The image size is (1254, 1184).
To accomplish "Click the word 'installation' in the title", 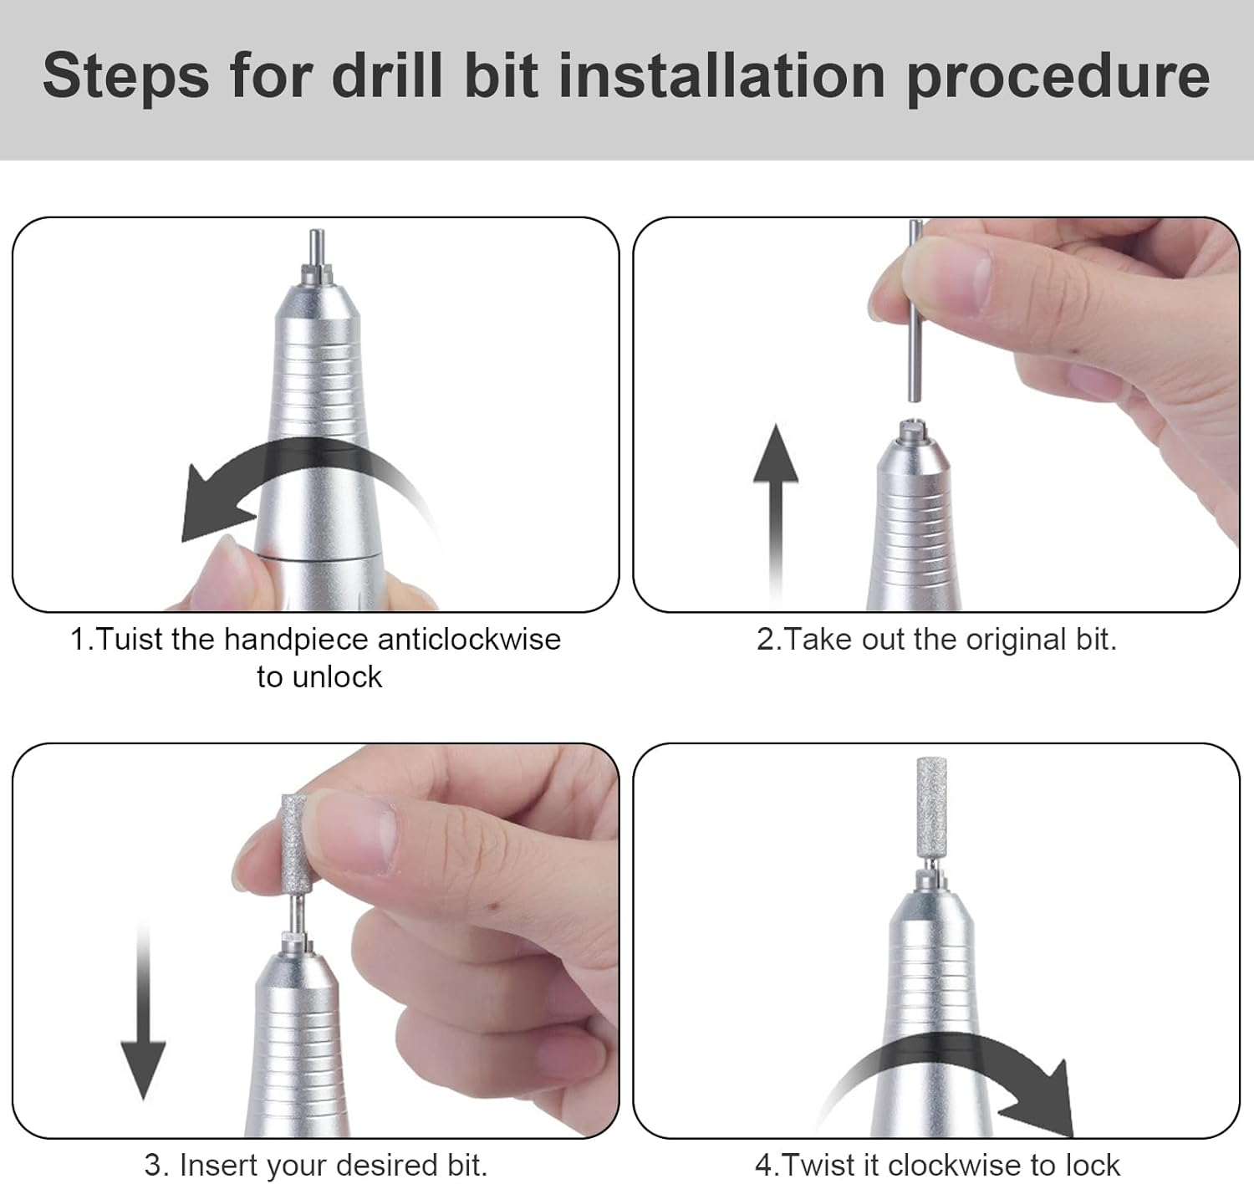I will coord(722,76).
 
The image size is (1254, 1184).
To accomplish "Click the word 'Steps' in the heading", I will coord(125,76).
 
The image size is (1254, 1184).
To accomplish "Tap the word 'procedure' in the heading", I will coord(1058,76).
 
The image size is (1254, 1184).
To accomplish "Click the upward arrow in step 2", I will coord(776,502).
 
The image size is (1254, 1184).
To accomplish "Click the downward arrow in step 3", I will coord(143,1020).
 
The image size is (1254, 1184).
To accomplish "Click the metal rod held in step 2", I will coord(914,334).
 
